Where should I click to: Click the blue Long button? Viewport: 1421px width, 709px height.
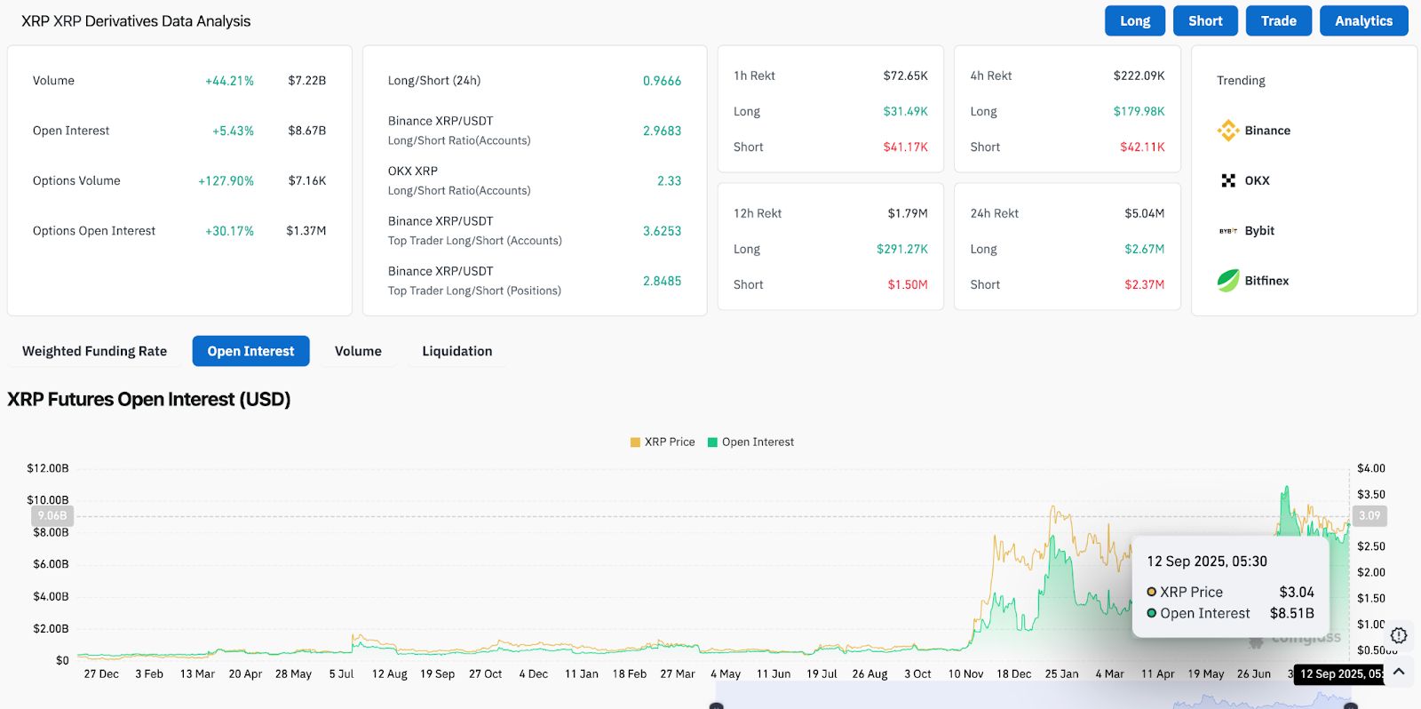pos(1134,21)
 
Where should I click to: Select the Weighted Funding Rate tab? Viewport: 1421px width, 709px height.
pos(94,351)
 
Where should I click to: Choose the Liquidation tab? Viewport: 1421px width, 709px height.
pos(456,351)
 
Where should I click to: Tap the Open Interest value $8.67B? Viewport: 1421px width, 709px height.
pos(306,131)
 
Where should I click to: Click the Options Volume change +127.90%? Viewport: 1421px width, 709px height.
pos(226,180)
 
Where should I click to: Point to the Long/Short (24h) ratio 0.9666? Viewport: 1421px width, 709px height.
pos(662,81)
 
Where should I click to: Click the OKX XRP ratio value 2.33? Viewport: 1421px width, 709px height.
pos(669,180)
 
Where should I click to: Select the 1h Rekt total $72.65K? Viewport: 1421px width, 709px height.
pos(905,76)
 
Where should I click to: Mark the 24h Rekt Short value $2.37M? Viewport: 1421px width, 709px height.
pos(1144,284)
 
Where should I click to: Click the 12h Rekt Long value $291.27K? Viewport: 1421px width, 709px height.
pos(901,249)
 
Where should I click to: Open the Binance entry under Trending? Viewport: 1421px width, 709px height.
pos(1254,131)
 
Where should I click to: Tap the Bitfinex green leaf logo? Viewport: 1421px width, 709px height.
pos(1228,281)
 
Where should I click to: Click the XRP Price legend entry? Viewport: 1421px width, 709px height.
pos(663,442)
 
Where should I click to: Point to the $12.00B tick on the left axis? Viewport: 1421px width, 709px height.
pos(47,468)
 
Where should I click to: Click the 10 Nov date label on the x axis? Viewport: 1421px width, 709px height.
pos(965,673)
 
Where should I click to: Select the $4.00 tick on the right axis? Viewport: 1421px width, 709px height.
pos(1370,468)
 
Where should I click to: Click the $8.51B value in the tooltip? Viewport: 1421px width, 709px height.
pos(1291,613)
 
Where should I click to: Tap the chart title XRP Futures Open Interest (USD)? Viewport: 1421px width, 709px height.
pos(149,400)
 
